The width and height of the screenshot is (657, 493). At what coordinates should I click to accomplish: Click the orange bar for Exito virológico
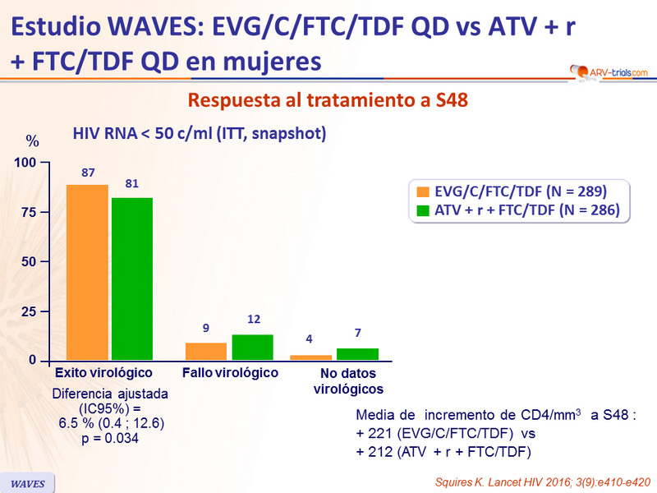87,272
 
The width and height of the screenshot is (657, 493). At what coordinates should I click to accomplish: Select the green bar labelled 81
132,279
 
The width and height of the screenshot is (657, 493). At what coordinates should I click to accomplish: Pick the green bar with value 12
252,348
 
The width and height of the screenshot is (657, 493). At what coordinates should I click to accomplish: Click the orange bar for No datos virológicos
311,357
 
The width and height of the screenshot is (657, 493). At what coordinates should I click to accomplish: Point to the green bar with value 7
357,354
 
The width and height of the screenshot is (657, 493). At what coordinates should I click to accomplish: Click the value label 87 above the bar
88,173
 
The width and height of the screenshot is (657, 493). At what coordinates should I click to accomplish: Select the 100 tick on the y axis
25,163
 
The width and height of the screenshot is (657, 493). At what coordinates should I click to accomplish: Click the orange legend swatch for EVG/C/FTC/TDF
424,191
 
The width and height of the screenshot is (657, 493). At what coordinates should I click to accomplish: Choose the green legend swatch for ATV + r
424,210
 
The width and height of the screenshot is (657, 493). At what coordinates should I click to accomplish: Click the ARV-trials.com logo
609,72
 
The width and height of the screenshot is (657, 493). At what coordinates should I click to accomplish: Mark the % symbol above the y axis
32,139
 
